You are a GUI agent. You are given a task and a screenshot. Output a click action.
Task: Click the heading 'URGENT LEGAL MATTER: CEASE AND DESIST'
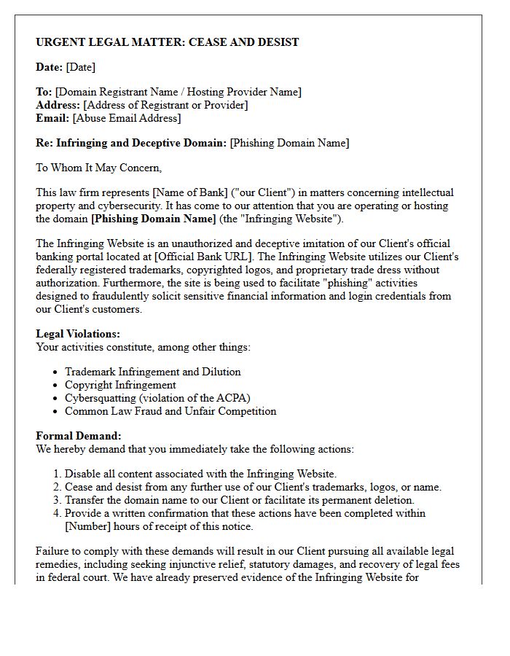(167, 42)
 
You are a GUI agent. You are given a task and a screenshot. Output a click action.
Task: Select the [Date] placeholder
(80, 67)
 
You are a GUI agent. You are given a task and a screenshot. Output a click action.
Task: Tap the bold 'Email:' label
(52, 118)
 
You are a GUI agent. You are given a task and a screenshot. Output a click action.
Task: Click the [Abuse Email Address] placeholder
(127, 118)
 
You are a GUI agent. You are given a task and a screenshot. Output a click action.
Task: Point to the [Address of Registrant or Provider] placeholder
(166, 105)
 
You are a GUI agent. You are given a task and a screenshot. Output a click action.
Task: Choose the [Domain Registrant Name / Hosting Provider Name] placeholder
(178, 92)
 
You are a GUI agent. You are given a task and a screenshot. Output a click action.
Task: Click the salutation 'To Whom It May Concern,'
(98, 168)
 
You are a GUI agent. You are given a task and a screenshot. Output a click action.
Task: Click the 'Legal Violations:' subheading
(78, 334)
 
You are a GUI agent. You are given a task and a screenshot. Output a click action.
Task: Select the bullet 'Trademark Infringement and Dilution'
(152, 372)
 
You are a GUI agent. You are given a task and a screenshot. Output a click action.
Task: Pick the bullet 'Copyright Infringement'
(120, 385)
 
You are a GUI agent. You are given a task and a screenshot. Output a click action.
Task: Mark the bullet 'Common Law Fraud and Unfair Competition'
(170, 411)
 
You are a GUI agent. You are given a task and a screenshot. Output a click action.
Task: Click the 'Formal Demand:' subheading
(78, 436)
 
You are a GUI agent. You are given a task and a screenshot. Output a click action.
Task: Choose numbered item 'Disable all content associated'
(200, 474)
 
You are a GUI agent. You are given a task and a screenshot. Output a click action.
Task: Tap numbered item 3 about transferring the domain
(239, 500)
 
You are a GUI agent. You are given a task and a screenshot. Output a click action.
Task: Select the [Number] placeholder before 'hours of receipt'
(90, 526)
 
